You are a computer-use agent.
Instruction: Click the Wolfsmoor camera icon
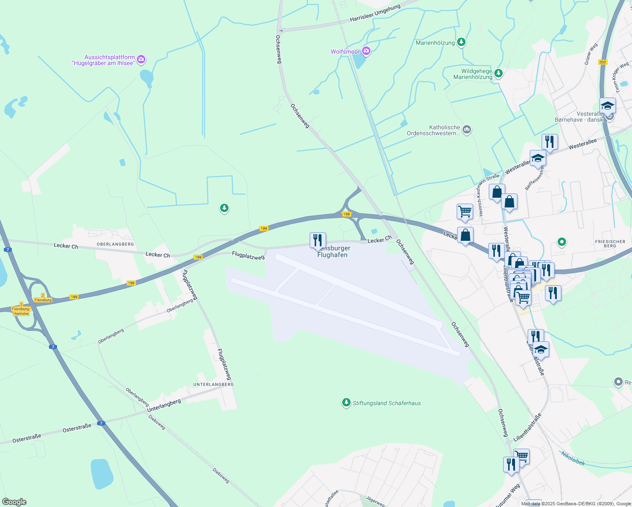(366, 52)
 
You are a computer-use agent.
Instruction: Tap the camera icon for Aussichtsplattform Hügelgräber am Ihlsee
(142, 60)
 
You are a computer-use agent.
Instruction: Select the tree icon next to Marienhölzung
(462, 42)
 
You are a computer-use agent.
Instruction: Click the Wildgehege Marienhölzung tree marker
(499, 74)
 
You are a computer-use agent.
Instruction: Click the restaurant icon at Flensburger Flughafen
(318, 240)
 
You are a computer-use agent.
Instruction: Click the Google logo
(14, 502)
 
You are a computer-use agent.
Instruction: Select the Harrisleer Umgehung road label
(375, 14)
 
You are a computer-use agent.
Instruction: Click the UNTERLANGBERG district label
(213, 384)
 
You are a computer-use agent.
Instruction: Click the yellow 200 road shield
(602, 62)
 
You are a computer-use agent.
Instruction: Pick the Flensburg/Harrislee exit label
(21, 311)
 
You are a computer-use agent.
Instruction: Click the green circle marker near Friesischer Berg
(561, 242)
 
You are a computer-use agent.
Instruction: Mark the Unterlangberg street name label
(164, 406)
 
